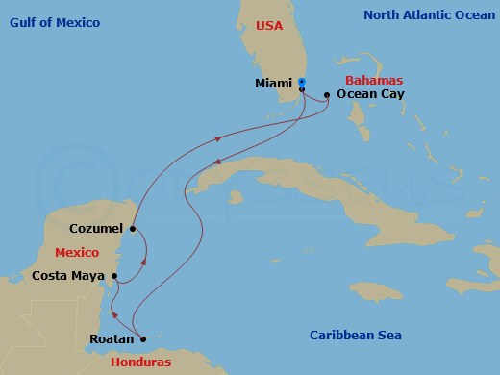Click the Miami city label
click(274, 84)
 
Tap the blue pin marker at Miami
click(302, 82)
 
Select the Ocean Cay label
click(371, 95)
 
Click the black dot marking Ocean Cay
click(328, 94)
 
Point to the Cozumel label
click(96, 229)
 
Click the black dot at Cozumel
click(132, 229)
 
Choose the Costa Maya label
click(69, 276)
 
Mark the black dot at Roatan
click(141, 338)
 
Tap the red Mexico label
click(76, 252)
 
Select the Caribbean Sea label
click(356, 335)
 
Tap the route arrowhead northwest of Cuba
click(218, 138)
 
